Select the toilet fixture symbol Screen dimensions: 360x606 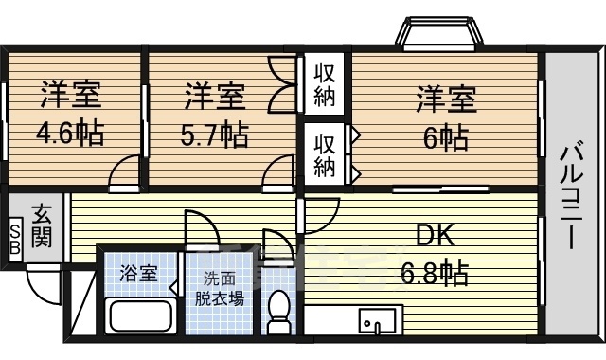click(279, 311)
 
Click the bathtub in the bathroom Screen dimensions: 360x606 click(140, 315)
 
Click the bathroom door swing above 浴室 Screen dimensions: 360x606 click(202, 229)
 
